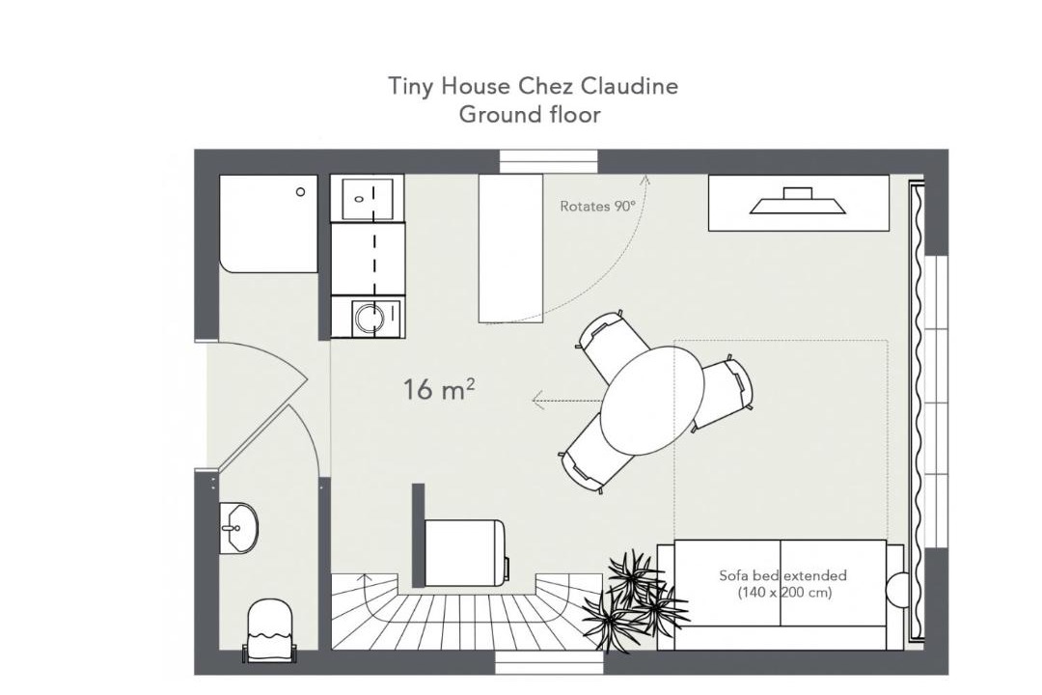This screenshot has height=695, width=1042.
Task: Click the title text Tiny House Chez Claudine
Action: [x=533, y=87]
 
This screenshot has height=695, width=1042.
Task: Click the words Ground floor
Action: [x=530, y=115]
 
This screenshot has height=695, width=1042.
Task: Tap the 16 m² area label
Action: [x=439, y=389]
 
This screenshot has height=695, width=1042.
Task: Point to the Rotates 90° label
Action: [x=597, y=207]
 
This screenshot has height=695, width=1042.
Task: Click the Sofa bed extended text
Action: [x=782, y=575]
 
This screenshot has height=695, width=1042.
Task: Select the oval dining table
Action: [x=652, y=401]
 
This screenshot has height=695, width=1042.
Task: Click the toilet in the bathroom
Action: [x=269, y=629]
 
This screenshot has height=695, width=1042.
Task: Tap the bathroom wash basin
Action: [x=238, y=527]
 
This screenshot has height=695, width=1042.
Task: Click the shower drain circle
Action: [x=300, y=191]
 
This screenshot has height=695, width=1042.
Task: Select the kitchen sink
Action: [x=368, y=198]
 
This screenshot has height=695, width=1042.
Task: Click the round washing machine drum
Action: [x=370, y=318]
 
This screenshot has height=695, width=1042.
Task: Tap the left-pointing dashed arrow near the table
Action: [x=567, y=400]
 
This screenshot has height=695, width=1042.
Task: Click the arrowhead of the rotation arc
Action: [x=644, y=179]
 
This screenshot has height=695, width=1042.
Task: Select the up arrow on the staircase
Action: [x=365, y=577]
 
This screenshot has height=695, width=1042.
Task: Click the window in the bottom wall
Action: [x=549, y=662]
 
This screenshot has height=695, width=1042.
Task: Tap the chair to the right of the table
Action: [x=725, y=394]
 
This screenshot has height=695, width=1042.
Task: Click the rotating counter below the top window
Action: [x=511, y=248]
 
